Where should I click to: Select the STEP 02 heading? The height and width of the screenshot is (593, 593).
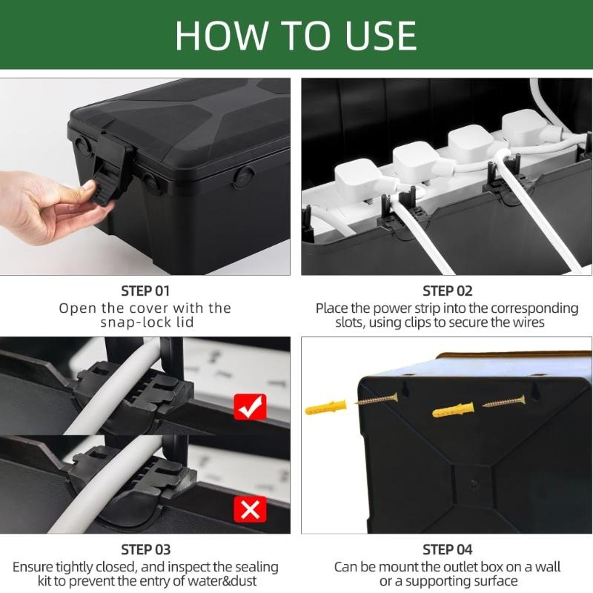pyautogui.click(x=447, y=291)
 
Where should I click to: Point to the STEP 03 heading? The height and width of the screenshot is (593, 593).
pyautogui.click(x=145, y=549)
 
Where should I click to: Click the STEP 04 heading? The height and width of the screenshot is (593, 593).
pyautogui.click(x=447, y=549)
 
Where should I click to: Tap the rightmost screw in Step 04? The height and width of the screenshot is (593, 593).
pyautogui.click(x=504, y=403)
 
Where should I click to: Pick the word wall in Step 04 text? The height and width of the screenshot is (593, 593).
pyautogui.click(x=545, y=567)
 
